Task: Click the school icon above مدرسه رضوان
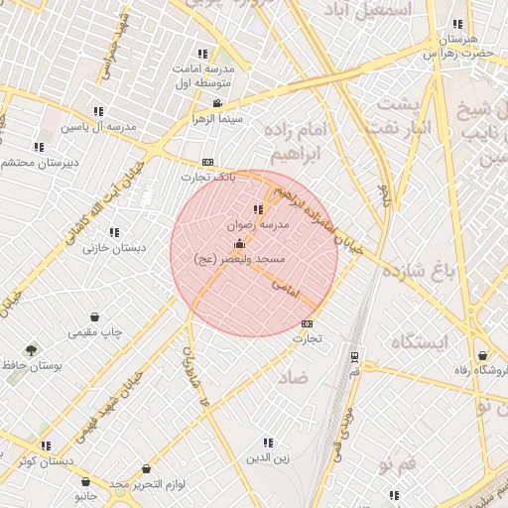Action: pos(259,209)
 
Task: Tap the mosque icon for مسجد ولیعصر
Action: pos(239,243)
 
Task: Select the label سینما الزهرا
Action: pos(193,118)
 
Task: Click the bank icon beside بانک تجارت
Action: pos(207,162)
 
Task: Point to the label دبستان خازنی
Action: pos(112,248)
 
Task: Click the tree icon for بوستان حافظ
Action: pos(32,350)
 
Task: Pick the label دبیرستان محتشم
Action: pos(33,162)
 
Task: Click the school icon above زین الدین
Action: pos(267,443)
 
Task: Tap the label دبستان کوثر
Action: pos(45,461)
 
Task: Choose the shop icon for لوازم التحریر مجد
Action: pos(146,468)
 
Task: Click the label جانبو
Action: pos(86,493)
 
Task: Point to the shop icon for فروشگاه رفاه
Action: pos(482,355)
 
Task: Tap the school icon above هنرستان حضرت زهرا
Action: pos(457,25)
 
